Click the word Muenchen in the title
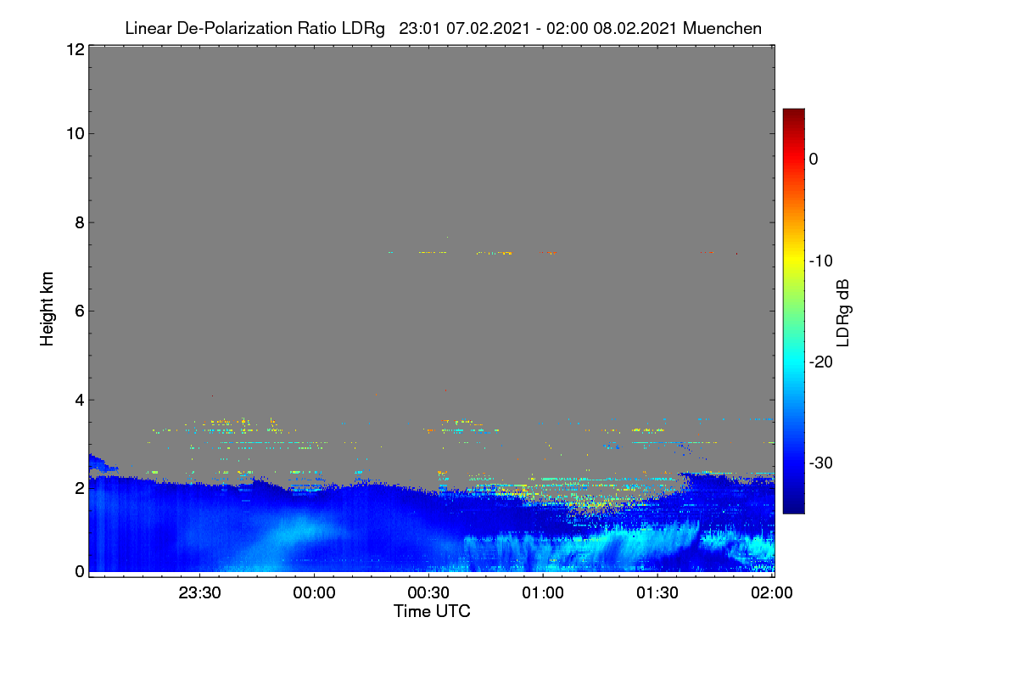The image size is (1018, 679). [x=722, y=29]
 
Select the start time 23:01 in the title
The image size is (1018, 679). [x=419, y=29]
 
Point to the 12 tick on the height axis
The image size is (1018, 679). [x=76, y=49]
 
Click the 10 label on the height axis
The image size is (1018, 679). [x=76, y=134]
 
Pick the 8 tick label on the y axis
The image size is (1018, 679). [x=80, y=222]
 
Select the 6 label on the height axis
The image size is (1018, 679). [x=80, y=311]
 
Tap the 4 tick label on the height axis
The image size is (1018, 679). [x=80, y=401]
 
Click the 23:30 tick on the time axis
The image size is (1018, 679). [x=199, y=592]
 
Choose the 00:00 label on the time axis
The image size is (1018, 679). [x=314, y=592]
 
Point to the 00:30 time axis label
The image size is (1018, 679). [x=428, y=592]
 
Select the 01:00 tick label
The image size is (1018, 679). [x=543, y=592]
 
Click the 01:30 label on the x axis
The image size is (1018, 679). [x=657, y=592]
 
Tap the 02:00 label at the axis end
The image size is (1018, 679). [x=772, y=592]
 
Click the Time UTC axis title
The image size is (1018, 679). [x=432, y=611]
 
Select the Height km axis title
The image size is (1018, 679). [x=47, y=309]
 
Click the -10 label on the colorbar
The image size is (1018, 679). [x=821, y=261]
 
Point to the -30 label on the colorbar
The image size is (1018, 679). [x=821, y=463]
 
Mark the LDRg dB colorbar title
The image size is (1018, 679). [x=843, y=313]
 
